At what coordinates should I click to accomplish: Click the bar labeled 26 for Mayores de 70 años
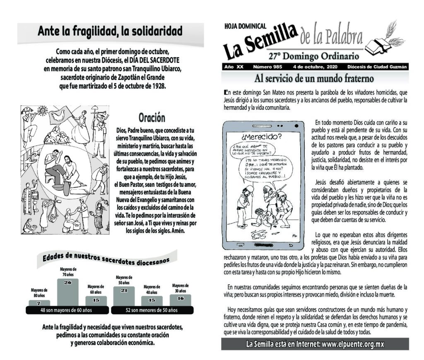click(x=68, y=292)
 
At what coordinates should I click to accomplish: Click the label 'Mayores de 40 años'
click(x=152, y=289)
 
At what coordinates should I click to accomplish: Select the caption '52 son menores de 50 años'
click(x=152, y=310)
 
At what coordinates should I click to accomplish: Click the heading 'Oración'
click(x=152, y=118)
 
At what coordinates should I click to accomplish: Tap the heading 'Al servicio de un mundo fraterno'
click(x=314, y=78)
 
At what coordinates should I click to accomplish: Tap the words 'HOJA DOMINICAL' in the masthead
click(x=245, y=26)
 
